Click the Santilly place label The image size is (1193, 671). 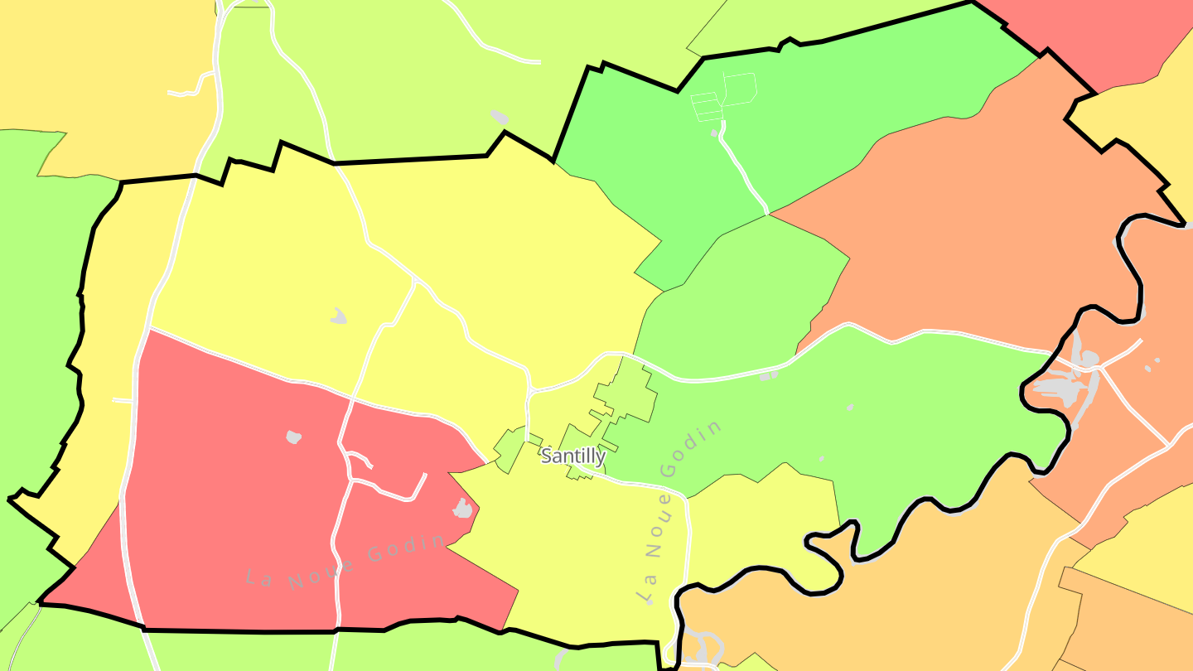(x=573, y=456)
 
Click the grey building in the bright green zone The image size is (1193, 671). (x=714, y=132)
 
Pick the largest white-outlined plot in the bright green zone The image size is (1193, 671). (x=740, y=87)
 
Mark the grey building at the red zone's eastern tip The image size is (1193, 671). (x=462, y=509)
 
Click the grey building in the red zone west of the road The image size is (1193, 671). (x=293, y=437)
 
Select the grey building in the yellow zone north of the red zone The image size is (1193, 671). (x=339, y=316)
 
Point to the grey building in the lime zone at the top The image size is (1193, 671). (x=499, y=117)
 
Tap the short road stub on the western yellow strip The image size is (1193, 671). (x=122, y=401)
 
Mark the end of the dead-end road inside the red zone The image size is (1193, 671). (x=424, y=475)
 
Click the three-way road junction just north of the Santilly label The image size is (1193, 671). (x=529, y=390)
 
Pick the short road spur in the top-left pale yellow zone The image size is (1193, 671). (x=186, y=92)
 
